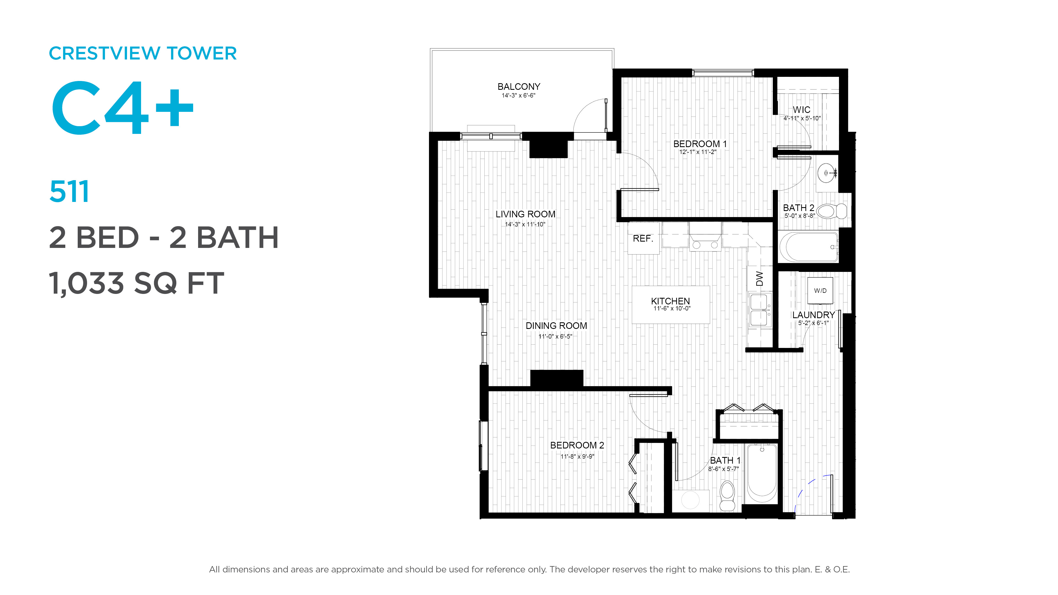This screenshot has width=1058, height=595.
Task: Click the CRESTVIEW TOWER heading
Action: [x=142, y=53]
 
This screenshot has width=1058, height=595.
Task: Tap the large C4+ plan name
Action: [x=122, y=108]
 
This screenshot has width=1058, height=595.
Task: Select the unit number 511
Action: [x=69, y=191]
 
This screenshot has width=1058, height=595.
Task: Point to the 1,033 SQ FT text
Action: [x=136, y=283]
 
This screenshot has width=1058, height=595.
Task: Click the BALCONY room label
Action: [x=519, y=87]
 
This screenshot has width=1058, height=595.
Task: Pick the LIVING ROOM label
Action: [x=525, y=214]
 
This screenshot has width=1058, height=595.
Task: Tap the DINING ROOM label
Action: [x=556, y=326]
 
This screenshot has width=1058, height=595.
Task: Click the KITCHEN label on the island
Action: [x=670, y=301]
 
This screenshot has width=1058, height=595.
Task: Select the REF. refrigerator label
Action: [x=643, y=239]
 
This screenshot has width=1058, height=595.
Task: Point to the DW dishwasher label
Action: [x=759, y=279]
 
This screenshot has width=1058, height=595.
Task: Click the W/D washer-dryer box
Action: [x=820, y=291]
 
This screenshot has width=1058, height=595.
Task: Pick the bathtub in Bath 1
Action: [x=762, y=474]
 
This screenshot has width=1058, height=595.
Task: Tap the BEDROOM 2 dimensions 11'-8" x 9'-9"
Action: [x=577, y=456]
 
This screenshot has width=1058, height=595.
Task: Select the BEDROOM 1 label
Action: [x=700, y=144]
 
